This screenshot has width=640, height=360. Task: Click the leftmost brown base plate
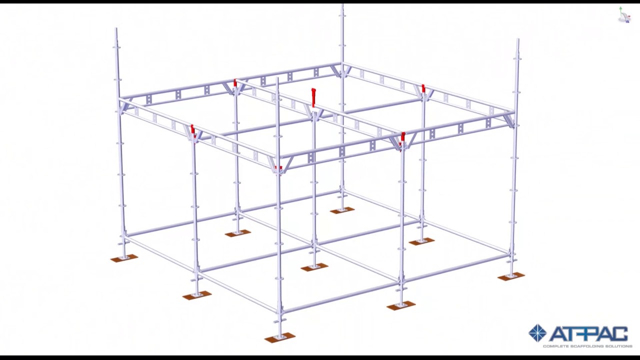(x=124, y=258)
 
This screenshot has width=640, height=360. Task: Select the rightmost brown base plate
(x=511, y=276)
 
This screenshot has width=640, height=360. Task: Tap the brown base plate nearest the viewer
(x=279, y=338)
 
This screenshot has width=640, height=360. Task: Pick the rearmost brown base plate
(x=342, y=210)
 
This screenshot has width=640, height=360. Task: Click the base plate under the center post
(x=314, y=267)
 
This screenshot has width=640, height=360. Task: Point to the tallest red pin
(x=313, y=97)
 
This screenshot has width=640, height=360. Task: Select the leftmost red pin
(x=192, y=130)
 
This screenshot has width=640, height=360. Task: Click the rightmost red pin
(x=423, y=89)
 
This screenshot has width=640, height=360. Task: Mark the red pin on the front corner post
(x=278, y=167)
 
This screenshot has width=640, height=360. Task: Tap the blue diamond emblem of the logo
(x=537, y=333)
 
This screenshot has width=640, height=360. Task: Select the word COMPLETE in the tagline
(x=554, y=346)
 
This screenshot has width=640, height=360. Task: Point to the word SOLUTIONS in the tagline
(x=619, y=346)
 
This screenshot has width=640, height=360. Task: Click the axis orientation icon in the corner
(x=624, y=15)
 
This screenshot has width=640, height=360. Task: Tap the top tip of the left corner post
(x=116, y=29)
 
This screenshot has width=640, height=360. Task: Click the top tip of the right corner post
(x=517, y=39)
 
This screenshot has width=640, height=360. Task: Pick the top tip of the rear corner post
(x=342, y=5)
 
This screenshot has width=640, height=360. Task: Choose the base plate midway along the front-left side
(x=196, y=295)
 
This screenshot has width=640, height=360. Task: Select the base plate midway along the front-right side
(x=400, y=305)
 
